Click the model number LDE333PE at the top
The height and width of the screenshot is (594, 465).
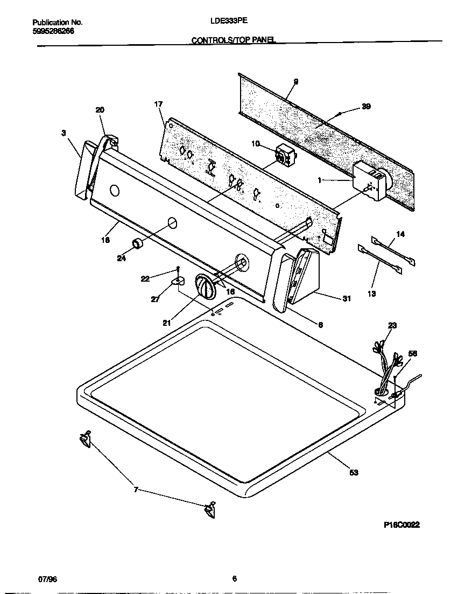tap(229, 22)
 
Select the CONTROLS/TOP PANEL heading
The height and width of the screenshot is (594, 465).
tap(234, 40)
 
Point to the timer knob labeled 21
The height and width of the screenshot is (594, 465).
tap(206, 285)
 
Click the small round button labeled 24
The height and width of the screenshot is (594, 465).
tap(139, 243)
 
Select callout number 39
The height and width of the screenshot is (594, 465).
tap(366, 107)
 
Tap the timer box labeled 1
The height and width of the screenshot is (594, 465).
tap(370, 183)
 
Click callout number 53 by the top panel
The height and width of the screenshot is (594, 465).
tap(354, 472)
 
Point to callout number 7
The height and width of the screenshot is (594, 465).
tap(136, 490)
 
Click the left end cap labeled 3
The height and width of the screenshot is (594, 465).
tap(80, 171)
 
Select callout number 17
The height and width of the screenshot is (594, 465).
tap(158, 103)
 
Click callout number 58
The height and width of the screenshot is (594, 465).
tap(413, 354)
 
